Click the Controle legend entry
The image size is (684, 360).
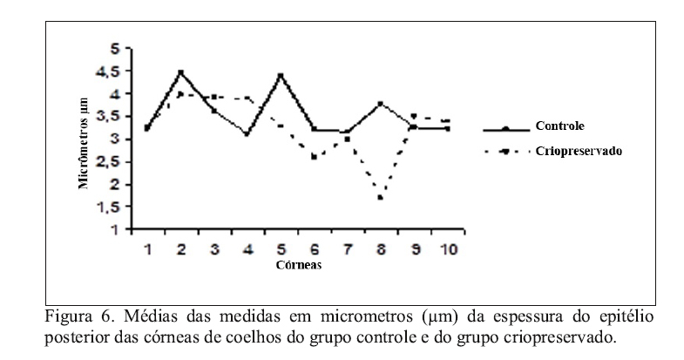click(x=560, y=126)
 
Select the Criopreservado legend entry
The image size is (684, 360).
click(x=579, y=150)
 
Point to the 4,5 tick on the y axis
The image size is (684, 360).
click(x=113, y=71)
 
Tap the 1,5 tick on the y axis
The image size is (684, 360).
click(x=113, y=207)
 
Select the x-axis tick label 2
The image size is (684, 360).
click(x=180, y=248)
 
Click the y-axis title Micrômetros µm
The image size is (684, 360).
click(x=85, y=142)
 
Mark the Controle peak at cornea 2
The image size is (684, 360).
click(x=180, y=71)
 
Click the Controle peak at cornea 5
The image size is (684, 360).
click(x=281, y=75)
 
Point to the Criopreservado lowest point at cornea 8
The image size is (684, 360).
click(x=381, y=198)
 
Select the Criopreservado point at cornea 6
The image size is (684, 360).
click(x=314, y=157)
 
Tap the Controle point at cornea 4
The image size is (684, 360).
click(x=247, y=134)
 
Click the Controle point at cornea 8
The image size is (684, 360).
click(x=381, y=104)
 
